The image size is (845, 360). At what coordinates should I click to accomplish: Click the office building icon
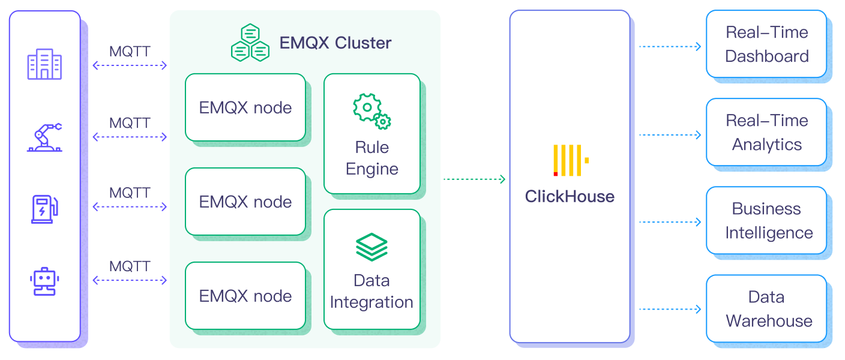[x=44, y=64]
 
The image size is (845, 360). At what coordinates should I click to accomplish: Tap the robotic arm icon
[x=44, y=137]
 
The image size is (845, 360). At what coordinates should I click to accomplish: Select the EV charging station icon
[x=44, y=208]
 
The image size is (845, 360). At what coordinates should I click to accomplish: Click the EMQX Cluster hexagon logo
[x=250, y=43]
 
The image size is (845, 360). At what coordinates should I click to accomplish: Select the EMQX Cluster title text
[x=335, y=43]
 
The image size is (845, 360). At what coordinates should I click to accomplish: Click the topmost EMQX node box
[x=245, y=107]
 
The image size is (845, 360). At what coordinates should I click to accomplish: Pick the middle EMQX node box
[x=245, y=202]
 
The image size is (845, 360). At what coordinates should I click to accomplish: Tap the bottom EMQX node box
[x=245, y=296]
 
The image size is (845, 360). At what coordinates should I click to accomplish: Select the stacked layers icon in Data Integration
[x=371, y=247]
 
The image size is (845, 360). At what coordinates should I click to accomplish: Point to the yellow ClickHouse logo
[x=570, y=160]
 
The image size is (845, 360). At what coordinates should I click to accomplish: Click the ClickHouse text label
[x=570, y=197]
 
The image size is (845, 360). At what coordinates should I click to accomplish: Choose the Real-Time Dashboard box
[x=766, y=44]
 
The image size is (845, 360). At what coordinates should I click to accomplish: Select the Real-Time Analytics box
[x=766, y=132]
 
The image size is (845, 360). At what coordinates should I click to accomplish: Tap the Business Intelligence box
[x=766, y=220]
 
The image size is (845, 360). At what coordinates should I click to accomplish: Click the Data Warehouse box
[x=766, y=308]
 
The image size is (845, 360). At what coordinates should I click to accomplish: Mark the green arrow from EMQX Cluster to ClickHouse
[x=474, y=179]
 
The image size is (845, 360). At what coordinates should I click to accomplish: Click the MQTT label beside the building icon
[x=130, y=52]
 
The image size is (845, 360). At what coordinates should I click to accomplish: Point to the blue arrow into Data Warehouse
[x=670, y=310]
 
